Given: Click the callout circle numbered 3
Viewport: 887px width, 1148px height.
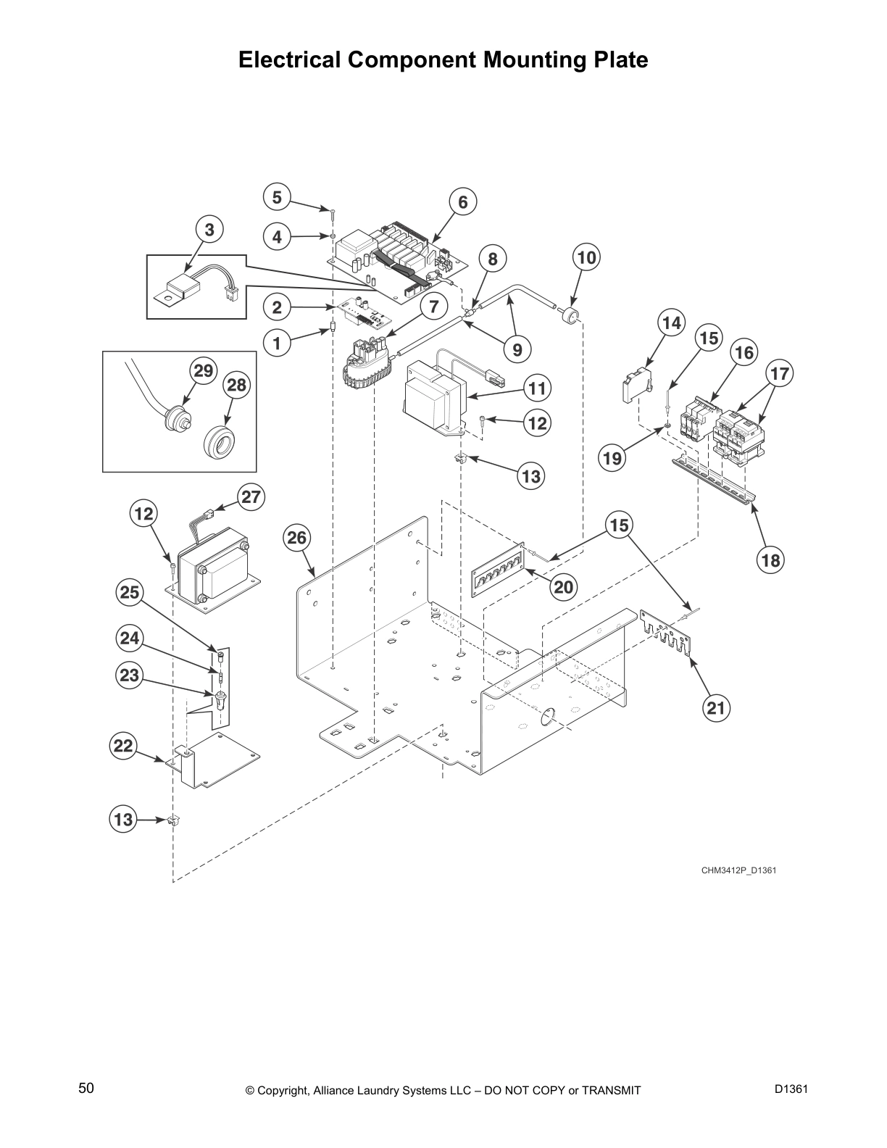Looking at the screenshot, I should point(209,230).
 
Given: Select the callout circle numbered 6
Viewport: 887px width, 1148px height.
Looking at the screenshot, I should point(463,201).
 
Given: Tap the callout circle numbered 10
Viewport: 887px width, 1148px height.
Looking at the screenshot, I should point(587,257).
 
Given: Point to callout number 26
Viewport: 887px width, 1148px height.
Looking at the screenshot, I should point(297,538).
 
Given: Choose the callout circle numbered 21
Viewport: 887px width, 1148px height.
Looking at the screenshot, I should point(715,707).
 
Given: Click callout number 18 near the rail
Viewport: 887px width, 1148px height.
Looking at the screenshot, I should point(771,560).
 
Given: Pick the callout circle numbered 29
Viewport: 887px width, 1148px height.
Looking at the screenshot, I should point(204,371).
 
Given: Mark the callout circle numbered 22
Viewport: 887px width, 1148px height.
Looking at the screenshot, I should point(124,746).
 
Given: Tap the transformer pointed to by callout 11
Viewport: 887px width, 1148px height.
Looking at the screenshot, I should point(431,397).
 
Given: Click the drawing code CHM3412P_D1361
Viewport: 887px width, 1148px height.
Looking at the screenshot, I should point(738,870).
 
